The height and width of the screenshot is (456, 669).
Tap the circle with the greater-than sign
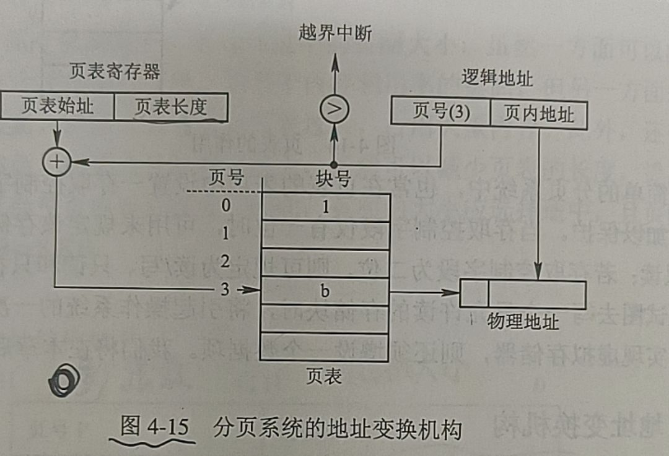tap(334, 110)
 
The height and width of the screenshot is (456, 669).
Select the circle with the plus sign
tap(57, 163)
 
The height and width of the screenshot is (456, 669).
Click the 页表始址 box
tap(58, 107)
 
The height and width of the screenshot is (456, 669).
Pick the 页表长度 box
tap(170, 108)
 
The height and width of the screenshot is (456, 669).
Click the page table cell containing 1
tap(326, 207)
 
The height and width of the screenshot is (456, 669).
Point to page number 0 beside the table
tap(225, 205)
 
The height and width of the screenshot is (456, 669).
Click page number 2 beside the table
tap(225, 261)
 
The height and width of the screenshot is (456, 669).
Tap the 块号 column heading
tap(335, 180)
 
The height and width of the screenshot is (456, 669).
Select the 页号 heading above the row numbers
tap(226, 179)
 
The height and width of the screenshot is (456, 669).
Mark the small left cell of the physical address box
tap(474, 295)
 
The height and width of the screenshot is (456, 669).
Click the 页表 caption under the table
tap(324, 376)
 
